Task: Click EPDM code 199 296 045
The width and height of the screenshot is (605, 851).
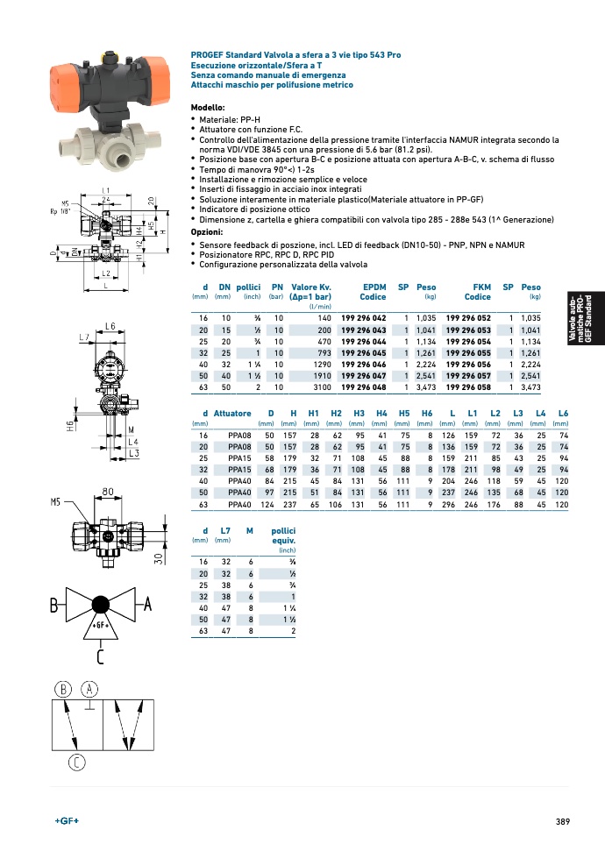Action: point(363,353)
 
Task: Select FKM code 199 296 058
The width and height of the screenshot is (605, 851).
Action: point(468,387)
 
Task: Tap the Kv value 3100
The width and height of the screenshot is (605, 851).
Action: point(322,387)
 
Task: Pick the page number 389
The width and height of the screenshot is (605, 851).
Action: point(563,821)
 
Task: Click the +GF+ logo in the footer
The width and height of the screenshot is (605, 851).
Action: point(67,820)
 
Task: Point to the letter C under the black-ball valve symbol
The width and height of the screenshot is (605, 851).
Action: point(100,656)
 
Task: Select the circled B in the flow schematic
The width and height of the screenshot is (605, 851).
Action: point(63,689)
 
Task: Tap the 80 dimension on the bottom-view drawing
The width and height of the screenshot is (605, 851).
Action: point(108,492)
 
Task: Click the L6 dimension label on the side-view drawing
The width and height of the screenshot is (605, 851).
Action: point(110,326)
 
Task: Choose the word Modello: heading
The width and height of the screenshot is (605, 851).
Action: point(208,108)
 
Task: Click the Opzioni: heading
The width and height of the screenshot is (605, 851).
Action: point(206,231)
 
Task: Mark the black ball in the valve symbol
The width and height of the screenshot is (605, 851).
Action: point(101,604)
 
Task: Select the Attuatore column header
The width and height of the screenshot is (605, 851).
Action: point(232,413)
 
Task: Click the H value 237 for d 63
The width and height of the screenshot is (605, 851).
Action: point(289,504)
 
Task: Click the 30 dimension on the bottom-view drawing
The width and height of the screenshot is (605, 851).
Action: point(158,558)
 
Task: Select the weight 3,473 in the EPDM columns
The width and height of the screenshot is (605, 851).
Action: point(426,387)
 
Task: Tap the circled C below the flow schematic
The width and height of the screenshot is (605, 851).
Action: point(76,762)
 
